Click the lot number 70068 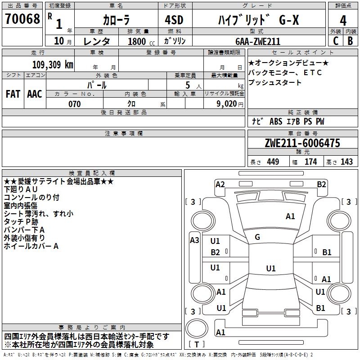(x=22, y=19)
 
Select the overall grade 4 (x=343, y=21)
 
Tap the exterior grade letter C (x=336, y=41)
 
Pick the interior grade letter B (x=351, y=41)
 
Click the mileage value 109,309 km (x=53, y=65)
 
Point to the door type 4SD (x=174, y=20)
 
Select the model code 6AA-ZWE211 (x=258, y=41)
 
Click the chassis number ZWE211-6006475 (x=302, y=143)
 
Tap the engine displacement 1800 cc (x=141, y=41)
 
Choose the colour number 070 (x=75, y=104)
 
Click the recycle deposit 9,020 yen (x=230, y=104)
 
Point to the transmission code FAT (x=13, y=94)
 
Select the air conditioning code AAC (x=35, y=94)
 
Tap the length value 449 (x=273, y=162)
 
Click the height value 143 (x=346, y=162)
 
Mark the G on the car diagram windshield (x=257, y=237)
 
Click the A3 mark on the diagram (x=194, y=240)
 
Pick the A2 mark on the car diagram (x=220, y=184)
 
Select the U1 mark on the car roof (x=271, y=268)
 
